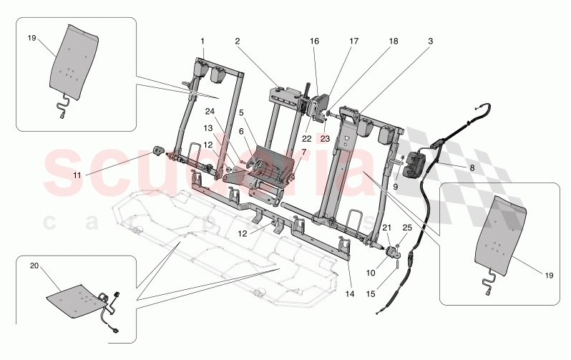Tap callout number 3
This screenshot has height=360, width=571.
pos(431,42)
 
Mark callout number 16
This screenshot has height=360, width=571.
pos(313,42)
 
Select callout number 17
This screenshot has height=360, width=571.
pos(353,42)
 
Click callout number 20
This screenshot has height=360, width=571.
pos(34,265)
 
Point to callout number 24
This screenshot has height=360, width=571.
pos(210,111)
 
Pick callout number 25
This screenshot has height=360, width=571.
pos(407,227)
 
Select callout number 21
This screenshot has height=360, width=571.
pos(387,227)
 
